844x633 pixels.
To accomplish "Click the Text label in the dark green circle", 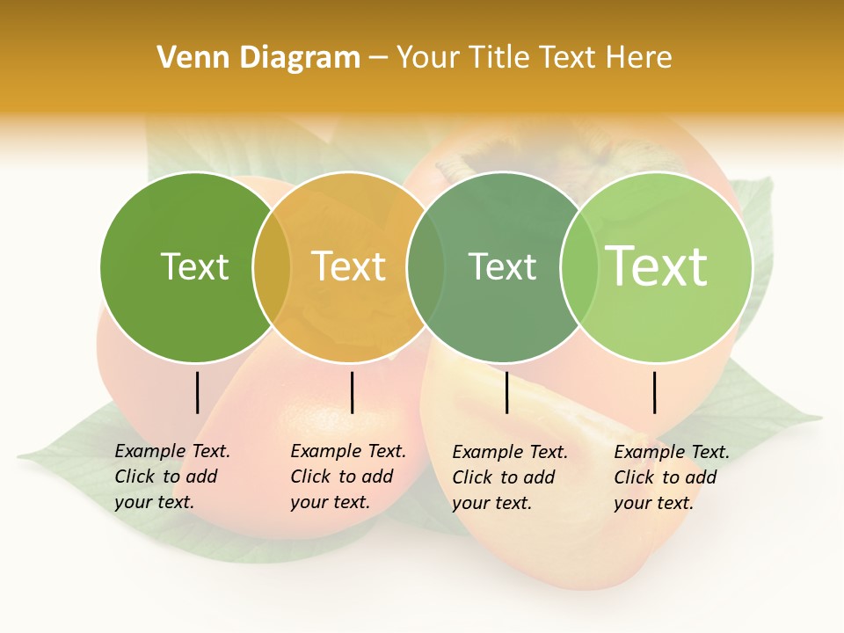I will pos(194,266).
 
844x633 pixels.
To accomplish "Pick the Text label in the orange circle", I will pos(348,266).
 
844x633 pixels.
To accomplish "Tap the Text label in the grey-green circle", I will pos(502,266).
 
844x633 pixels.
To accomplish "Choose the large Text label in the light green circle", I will pos(656,266).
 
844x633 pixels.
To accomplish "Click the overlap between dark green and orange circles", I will pos(272,267).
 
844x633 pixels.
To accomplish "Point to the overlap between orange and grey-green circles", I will pos(426,267).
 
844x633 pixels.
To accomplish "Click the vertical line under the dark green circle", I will pos(197,392).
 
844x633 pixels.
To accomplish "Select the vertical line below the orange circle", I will pos(352,392).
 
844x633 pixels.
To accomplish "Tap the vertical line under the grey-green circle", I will pos(506,392).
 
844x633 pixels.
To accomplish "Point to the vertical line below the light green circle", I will pos(654,392).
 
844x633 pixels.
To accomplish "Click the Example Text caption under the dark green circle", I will pos(172,477).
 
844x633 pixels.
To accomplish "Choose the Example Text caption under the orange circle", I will pos(348,477).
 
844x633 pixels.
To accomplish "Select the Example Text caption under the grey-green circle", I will pos(510,477).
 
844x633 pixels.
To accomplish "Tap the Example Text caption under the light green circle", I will pos(672,477).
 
